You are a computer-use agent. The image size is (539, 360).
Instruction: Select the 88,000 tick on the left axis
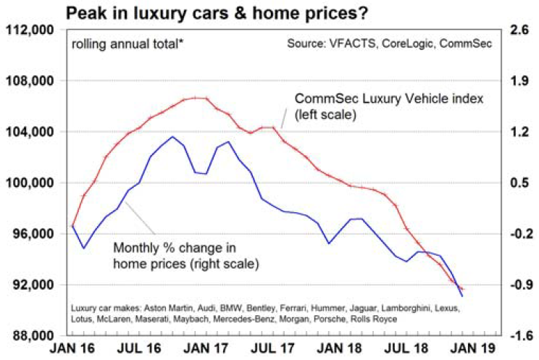pos(34,335)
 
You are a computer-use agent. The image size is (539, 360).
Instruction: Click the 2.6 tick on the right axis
pos(522,30)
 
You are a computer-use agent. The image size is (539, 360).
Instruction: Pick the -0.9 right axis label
pos(520,285)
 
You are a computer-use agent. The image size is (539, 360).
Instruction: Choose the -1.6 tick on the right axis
pos(520,335)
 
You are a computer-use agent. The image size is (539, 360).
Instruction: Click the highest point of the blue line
pos(172,136)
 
